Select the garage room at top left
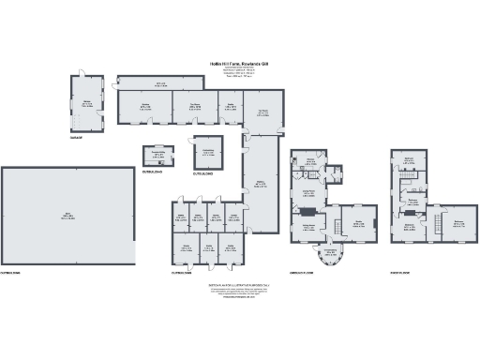(85, 105)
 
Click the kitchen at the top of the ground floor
(309, 167)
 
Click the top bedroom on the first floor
(410, 162)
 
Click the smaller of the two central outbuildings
(159, 157)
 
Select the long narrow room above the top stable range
(160, 84)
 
